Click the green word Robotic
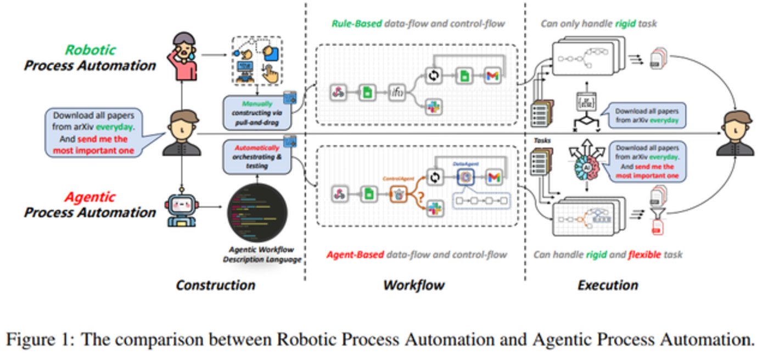coord(91,50)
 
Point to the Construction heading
coord(215,285)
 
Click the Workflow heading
coord(413,285)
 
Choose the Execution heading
coord(608,285)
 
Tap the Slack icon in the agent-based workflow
coord(435,207)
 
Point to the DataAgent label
coord(464,164)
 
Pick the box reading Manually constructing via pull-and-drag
coord(256,113)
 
